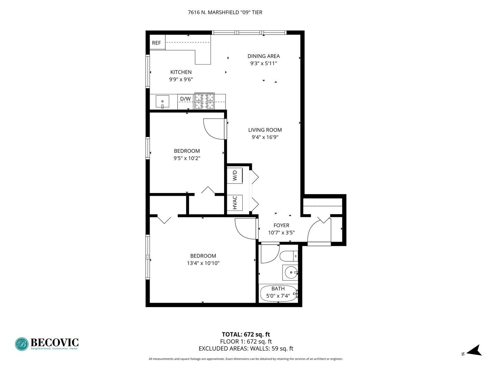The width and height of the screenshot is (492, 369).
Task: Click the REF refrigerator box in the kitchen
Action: [x=157, y=43]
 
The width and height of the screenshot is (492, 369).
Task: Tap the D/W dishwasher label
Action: [x=185, y=99]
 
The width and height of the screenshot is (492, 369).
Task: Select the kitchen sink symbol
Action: [x=163, y=102]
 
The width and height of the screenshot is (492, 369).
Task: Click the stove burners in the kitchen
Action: [x=204, y=101]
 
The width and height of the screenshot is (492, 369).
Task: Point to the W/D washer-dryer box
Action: [x=235, y=176]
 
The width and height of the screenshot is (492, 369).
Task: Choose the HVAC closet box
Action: [x=235, y=202]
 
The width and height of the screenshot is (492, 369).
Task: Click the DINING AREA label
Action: [x=263, y=56]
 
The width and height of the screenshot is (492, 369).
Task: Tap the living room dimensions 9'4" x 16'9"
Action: [x=265, y=137]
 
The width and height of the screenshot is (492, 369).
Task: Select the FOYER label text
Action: [x=281, y=225]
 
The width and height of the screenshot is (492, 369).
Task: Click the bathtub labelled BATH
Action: [x=278, y=293]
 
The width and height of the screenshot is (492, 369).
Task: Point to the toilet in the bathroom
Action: [x=288, y=256]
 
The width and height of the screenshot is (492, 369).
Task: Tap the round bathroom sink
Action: [x=291, y=272]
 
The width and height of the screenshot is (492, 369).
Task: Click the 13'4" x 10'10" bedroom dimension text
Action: [x=203, y=263]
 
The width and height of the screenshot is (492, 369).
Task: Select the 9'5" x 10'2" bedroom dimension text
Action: [x=187, y=158]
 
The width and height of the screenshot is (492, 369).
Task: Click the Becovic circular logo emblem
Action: [x=22, y=344]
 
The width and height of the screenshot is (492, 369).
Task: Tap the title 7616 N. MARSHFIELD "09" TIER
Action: [x=225, y=13]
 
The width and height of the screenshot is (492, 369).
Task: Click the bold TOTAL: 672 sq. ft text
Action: [x=246, y=334]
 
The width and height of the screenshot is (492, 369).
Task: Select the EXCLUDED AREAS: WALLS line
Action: [x=246, y=349]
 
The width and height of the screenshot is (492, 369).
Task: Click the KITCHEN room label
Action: [x=181, y=72]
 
